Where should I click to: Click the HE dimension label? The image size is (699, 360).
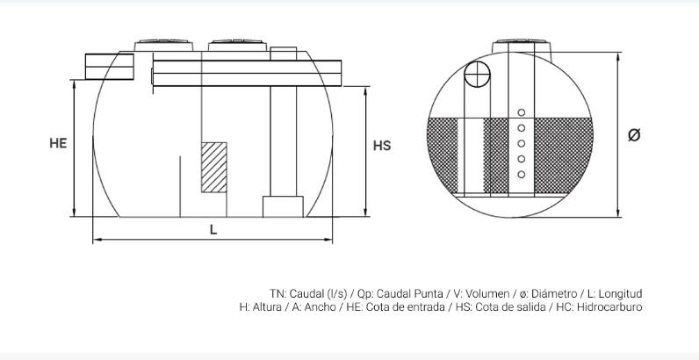tap(58, 143)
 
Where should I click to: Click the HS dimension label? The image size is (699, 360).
tap(382, 146)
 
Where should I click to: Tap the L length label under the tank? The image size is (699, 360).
tap(213, 230)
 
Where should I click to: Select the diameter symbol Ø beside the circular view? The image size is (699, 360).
tap(634, 134)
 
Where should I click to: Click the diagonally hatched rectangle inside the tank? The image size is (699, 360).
tap(214, 168)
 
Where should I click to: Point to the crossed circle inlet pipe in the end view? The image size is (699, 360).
tap(477, 75)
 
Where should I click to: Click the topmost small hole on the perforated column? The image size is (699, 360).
tap(521, 112)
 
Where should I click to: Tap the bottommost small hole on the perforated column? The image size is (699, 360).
tap(521, 175)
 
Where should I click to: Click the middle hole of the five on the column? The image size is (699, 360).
tap(521, 143)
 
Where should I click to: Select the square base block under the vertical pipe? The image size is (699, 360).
tap(283, 206)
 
